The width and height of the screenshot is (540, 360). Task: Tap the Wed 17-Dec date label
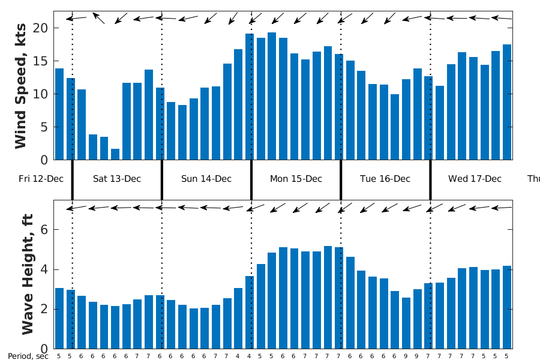466,179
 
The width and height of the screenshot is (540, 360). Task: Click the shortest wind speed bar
115,154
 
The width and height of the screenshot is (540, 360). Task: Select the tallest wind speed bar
272,96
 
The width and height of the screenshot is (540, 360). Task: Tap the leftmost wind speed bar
59,114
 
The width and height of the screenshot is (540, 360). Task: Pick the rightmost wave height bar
507,307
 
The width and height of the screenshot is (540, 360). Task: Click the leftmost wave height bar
59,318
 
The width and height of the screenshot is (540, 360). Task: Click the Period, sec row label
28,356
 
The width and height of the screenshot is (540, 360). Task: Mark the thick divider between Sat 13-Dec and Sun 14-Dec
162,178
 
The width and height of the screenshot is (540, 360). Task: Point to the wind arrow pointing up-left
98,17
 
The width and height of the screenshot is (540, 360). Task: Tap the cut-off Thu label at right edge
533,179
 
